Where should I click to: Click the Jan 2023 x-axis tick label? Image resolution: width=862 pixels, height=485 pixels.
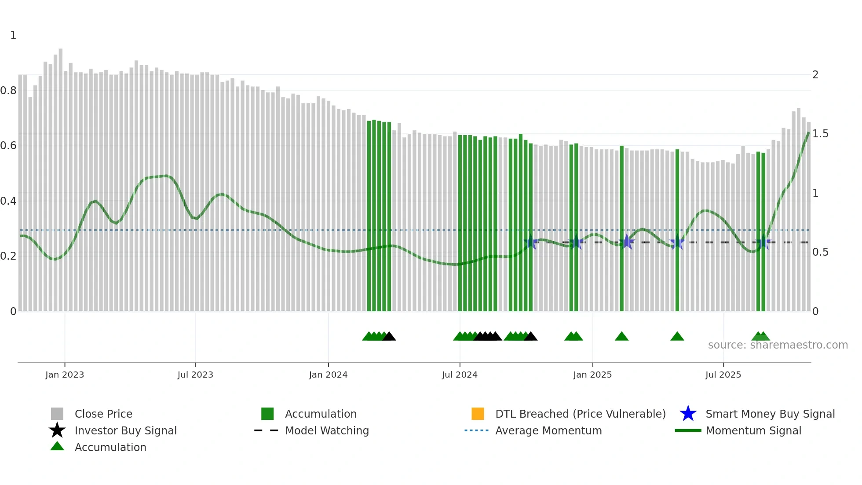(x=65, y=375)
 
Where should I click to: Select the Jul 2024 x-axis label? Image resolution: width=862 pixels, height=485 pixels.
(x=460, y=375)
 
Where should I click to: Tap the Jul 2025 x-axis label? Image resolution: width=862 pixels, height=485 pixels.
(x=723, y=375)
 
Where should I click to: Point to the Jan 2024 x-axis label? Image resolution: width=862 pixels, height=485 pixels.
(x=328, y=375)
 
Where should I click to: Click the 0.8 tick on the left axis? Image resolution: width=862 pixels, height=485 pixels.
(x=8, y=91)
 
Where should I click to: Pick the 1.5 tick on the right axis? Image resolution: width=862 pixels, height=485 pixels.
(x=820, y=134)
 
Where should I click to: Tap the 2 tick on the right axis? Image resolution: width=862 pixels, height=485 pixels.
(x=815, y=75)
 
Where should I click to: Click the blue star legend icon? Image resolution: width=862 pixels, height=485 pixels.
(x=688, y=414)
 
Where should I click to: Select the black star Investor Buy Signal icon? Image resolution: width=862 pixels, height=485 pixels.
(x=57, y=430)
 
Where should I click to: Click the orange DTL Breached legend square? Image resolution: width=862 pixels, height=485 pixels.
(x=478, y=414)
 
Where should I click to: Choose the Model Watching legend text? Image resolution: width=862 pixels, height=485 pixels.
(x=327, y=430)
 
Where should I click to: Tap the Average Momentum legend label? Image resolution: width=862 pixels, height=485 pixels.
(x=548, y=430)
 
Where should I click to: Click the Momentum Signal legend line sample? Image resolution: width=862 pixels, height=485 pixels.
(x=688, y=430)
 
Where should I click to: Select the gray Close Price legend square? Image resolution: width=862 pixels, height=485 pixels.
(x=57, y=414)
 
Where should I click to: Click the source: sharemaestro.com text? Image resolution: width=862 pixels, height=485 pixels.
(x=778, y=345)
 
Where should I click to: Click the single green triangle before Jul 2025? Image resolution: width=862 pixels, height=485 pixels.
(x=677, y=337)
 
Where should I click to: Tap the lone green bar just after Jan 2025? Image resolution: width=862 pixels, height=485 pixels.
(x=622, y=229)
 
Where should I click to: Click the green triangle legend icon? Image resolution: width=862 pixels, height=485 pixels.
(x=57, y=446)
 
